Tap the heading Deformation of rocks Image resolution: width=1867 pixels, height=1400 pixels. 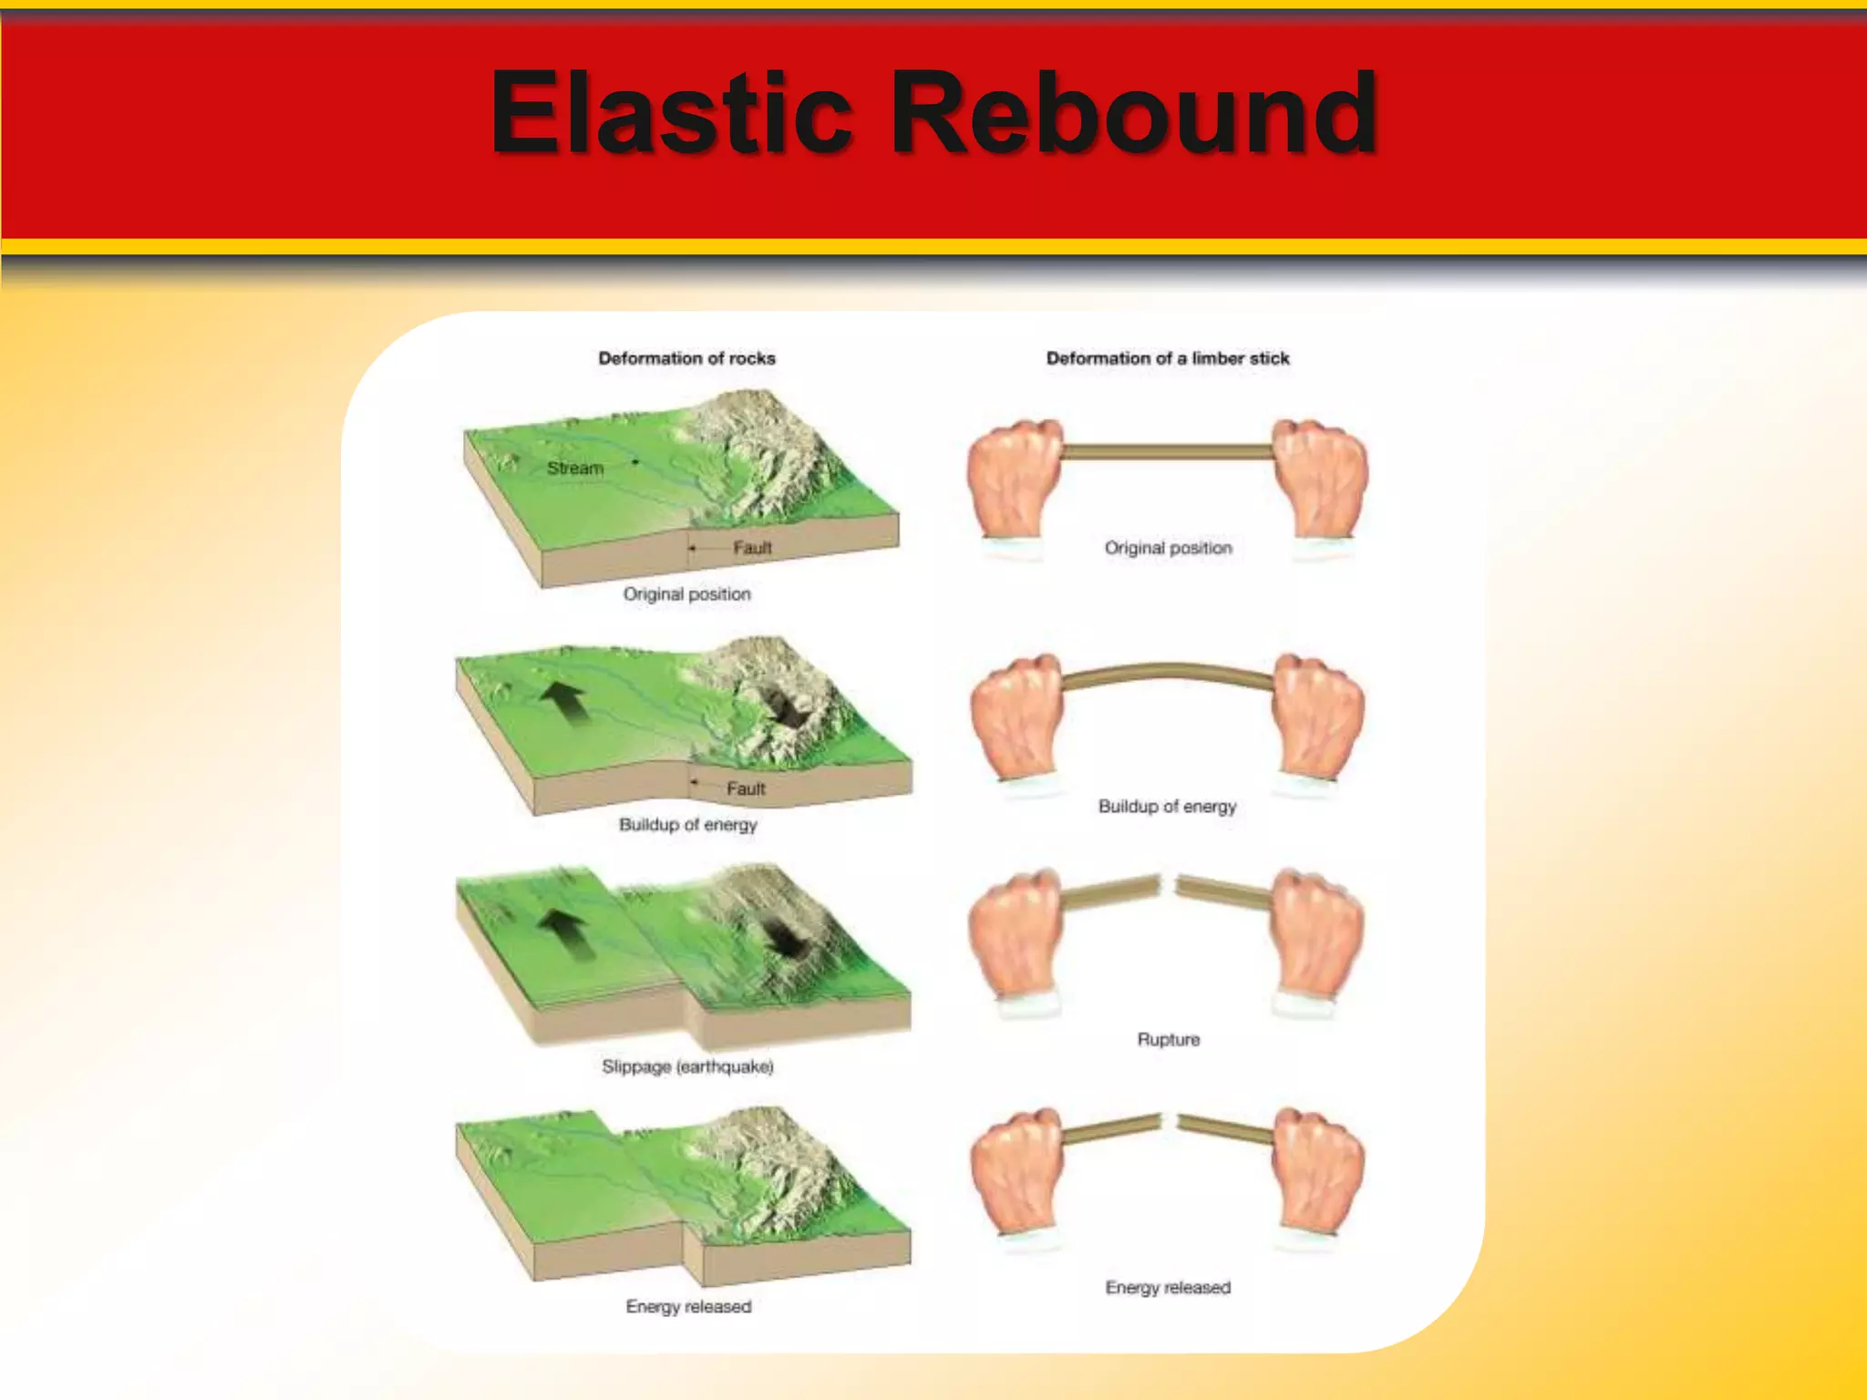(686, 358)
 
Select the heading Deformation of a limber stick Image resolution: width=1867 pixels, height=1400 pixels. (1168, 358)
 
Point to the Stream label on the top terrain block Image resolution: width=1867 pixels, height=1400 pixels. (575, 468)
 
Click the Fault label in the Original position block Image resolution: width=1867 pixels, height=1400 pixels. (752, 547)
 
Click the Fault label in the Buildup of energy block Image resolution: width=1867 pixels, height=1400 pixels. (746, 788)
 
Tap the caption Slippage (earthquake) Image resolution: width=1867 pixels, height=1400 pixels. (687, 1066)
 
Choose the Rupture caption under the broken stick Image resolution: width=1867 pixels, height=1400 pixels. (1168, 1039)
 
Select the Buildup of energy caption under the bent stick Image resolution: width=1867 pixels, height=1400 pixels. (1167, 806)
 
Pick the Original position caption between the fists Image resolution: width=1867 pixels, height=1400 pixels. (1168, 548)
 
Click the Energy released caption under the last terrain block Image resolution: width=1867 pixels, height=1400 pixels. (688, 1306)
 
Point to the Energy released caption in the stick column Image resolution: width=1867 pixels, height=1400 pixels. (1168, 1287)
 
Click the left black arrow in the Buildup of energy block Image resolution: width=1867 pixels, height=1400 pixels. (565, 702)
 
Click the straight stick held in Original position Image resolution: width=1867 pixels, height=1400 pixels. (1167, 451)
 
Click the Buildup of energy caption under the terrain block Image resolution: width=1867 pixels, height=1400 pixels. (687, 825)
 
